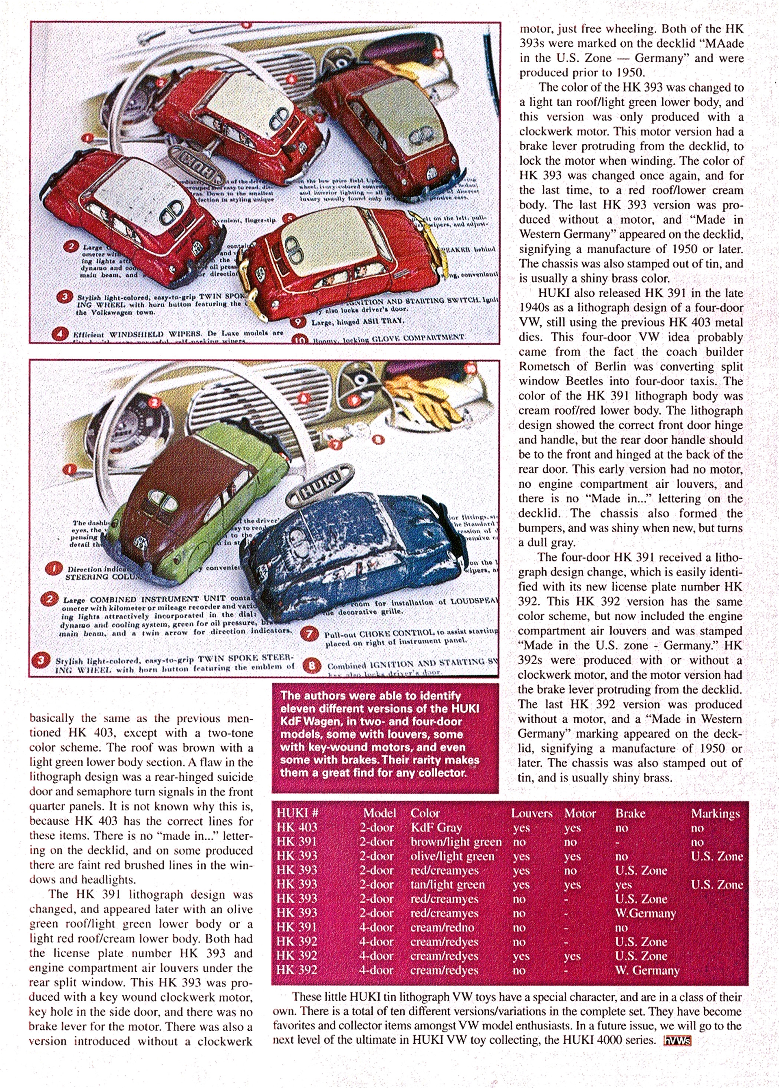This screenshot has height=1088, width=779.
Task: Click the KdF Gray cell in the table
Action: [x=436, y=828]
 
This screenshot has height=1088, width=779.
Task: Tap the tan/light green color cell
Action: [x=447, y=885]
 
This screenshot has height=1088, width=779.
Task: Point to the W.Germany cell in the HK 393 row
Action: [x=645, y=913]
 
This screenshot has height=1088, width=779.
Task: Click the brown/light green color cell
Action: [x=456, y=842]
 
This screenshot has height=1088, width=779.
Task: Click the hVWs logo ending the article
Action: [x=677, y=1041]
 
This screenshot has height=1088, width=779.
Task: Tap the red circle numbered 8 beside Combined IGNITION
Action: [x=312, y=665]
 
